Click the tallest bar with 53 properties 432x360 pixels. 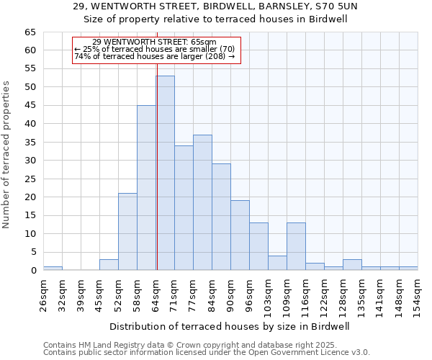tap(165, 173)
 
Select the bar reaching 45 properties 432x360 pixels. tap(146, 187)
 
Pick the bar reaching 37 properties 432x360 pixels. tap(202, 202)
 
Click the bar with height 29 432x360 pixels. tap(221, 217)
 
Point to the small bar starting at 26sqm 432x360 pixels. tap(53, 268)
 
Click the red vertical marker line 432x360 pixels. tap(157, 158)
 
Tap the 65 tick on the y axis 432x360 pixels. tap(30, 32)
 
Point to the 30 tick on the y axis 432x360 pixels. tap(30, 161)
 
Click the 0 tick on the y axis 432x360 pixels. tap(33, 271)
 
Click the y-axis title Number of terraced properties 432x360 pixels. tap(7, 155)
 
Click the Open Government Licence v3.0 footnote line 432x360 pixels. tap(207, 352)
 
